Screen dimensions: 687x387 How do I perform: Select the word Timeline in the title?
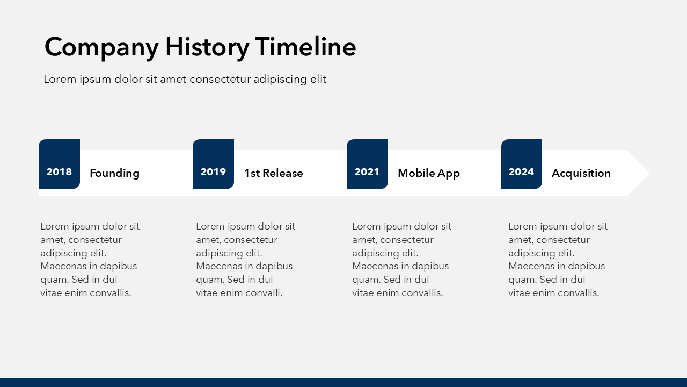(305, 46)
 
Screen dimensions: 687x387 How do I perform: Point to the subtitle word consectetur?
(220, 79)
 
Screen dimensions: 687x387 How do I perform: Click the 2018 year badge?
(59, 164)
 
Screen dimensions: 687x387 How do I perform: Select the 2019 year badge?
(213, 164)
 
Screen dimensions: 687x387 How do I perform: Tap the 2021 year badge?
(367, 164)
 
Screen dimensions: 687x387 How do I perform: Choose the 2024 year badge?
(521, 164)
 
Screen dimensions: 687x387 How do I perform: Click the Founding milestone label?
(114, 173)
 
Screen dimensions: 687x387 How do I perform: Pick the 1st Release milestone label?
(273, 173)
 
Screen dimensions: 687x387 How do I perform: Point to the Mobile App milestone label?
(429, 173)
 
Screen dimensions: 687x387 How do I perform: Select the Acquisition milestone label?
(581, 173)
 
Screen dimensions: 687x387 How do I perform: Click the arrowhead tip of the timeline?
(649, 173)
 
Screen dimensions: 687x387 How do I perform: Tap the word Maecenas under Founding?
(63, 266)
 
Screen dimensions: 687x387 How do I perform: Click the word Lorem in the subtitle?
(60, 79)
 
